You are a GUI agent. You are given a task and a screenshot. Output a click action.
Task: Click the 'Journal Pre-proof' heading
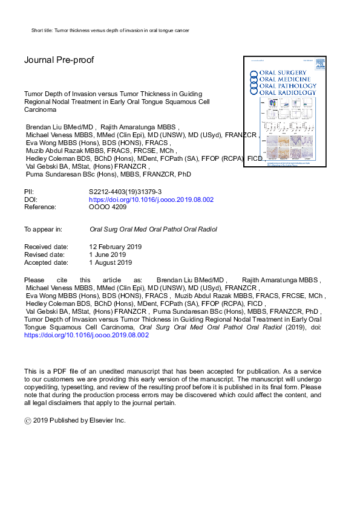59,60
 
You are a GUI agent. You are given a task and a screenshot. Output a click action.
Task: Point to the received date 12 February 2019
115,247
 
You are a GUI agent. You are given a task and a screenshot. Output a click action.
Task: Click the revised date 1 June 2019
108,255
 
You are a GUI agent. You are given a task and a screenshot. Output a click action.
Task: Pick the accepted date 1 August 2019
110,263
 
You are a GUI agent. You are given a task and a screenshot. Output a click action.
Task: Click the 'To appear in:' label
43,230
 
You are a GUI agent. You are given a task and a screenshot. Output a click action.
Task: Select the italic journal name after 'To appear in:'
152,230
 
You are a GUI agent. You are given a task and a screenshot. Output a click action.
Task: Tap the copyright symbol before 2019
28,420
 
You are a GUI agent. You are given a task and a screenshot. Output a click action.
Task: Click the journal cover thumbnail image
281,111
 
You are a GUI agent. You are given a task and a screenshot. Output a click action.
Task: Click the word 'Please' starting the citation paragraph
34,280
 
